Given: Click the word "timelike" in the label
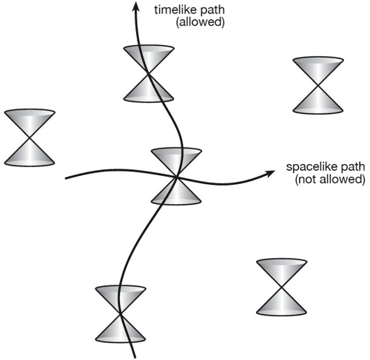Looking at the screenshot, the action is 175,10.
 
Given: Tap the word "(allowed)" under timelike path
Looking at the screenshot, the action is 200,22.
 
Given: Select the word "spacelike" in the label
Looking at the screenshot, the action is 309,167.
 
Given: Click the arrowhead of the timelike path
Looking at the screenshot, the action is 135,5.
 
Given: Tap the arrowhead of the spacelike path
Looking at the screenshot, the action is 270,172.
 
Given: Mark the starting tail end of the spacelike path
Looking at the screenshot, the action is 66,178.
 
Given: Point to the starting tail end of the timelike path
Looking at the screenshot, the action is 135,357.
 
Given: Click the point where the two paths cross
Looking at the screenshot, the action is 176,177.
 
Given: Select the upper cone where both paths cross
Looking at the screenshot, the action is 176,160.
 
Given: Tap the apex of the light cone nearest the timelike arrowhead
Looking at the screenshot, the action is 148,73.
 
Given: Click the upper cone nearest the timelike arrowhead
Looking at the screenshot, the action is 149,58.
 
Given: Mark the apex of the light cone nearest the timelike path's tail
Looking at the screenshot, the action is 121,313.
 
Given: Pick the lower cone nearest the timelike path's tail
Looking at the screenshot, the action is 121,329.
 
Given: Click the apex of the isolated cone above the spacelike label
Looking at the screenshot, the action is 318,85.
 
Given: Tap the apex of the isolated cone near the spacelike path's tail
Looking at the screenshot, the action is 30,137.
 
